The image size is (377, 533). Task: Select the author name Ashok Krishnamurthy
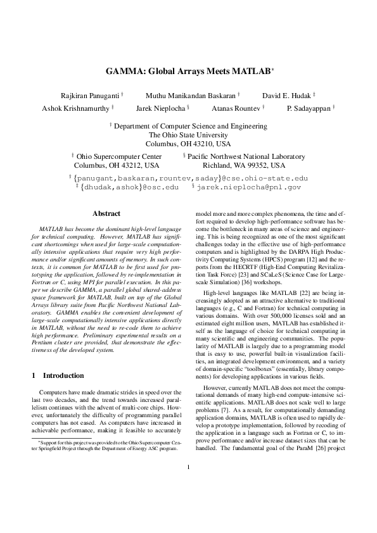coord(76,108)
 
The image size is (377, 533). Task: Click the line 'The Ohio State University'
coord(188,135)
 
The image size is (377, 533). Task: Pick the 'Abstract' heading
coord(106,213)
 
